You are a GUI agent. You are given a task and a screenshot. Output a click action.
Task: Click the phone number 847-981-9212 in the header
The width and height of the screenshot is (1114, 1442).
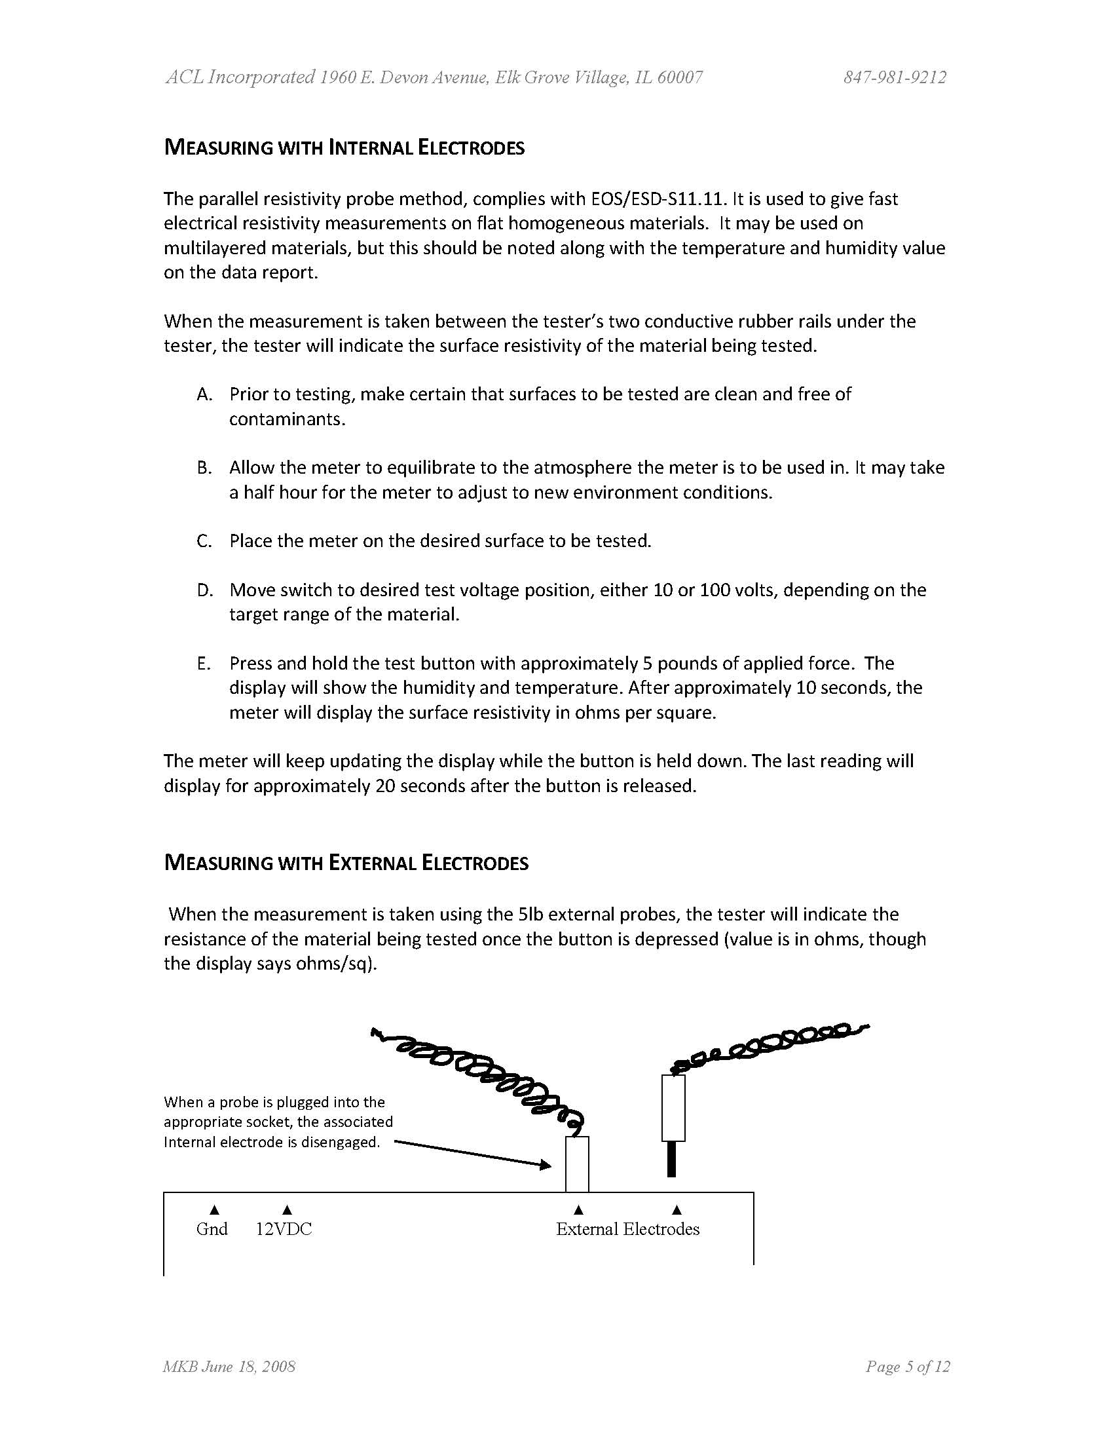click(x=894, y=78)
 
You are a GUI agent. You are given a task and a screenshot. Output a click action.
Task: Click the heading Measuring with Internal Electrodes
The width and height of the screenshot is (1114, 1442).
click(x=344, y=147)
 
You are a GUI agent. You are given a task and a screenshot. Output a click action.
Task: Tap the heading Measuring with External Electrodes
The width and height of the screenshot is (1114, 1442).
click(x=346, y=863)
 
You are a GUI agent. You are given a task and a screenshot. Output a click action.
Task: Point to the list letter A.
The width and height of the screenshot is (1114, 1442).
click(x=204, y=394)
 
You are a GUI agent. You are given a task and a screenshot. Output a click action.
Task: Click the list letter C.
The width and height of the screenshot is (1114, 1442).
click(x=204, y=541)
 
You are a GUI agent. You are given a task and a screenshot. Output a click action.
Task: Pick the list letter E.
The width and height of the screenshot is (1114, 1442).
click(x=203, y=664)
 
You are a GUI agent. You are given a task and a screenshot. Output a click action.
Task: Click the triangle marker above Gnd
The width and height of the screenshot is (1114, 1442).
click(x=214, y=1209)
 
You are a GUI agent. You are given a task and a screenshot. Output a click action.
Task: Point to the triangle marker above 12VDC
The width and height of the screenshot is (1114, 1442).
click(x=287, y=1209)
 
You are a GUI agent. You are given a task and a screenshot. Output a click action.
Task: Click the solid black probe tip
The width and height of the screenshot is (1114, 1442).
click(x=672, y=1158)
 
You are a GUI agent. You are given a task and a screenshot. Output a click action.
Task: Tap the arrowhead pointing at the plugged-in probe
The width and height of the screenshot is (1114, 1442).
click(x=545, y=1166)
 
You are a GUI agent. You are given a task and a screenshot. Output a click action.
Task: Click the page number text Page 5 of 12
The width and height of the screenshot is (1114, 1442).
click(x=908, y=1367)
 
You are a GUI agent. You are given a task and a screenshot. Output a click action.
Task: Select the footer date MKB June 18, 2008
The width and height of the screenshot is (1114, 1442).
click(x=229, y=1367)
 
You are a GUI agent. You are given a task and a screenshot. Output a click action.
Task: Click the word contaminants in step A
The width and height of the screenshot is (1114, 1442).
click(x=286, y=419)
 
